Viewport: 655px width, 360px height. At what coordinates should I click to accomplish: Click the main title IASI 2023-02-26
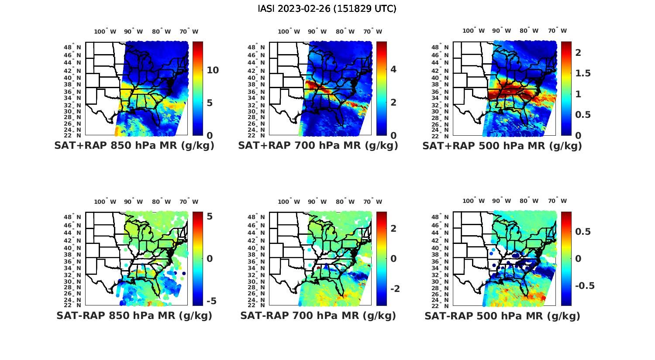(327, 9)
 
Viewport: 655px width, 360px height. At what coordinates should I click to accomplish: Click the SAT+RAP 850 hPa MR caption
(134, 146)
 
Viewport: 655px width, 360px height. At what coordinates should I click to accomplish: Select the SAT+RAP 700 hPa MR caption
(318, 146)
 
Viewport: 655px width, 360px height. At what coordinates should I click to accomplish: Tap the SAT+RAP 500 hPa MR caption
(502, 146)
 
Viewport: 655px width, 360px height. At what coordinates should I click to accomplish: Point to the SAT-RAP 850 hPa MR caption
(134, 315)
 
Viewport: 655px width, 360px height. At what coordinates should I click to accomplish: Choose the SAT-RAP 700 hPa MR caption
(318, 315)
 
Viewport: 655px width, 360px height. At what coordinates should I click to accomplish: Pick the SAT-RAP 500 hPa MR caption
(502, 315)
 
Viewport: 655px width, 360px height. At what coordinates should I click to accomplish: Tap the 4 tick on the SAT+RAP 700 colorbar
(393, 69)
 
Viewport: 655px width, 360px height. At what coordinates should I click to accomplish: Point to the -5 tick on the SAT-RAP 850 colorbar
(211, 301)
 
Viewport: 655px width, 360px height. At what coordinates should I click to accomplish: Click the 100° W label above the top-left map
(105, 31)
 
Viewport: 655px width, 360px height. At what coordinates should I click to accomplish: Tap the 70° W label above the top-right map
(558, 31)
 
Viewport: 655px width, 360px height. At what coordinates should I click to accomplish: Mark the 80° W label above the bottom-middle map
(346, 202)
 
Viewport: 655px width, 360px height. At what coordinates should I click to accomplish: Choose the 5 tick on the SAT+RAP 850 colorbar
(210, 103)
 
